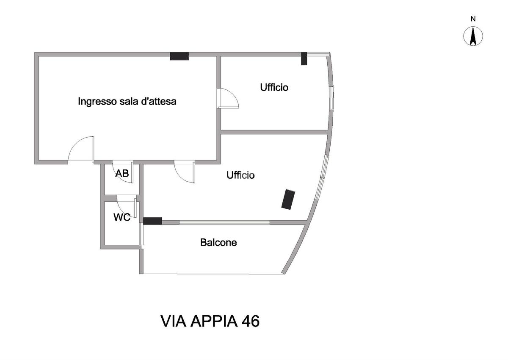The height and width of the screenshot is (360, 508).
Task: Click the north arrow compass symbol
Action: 473,36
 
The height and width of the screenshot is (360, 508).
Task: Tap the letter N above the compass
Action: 473,19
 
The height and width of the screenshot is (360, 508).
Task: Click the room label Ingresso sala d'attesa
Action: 127,101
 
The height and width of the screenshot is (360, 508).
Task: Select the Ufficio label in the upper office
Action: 274,87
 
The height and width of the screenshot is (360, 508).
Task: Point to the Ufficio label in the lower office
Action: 240,175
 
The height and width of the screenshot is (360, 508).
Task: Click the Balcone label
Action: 218,243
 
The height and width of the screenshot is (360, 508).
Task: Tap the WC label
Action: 122,217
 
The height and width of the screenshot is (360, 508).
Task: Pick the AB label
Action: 122,174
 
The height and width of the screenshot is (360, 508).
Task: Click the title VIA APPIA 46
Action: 210,321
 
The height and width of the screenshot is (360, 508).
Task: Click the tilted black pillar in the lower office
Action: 288,199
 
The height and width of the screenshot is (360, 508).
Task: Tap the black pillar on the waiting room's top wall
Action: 179,56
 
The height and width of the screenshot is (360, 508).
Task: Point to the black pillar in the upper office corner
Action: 304,59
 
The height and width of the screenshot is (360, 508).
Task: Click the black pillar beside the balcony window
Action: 152,221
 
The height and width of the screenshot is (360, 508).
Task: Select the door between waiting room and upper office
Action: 228,98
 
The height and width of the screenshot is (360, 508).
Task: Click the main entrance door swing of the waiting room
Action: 81,149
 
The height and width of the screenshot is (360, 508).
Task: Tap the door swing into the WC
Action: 126,206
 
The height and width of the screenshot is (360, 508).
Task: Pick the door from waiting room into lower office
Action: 185,172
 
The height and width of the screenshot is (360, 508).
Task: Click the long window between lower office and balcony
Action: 224,222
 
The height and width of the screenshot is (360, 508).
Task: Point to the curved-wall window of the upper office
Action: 332,98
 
